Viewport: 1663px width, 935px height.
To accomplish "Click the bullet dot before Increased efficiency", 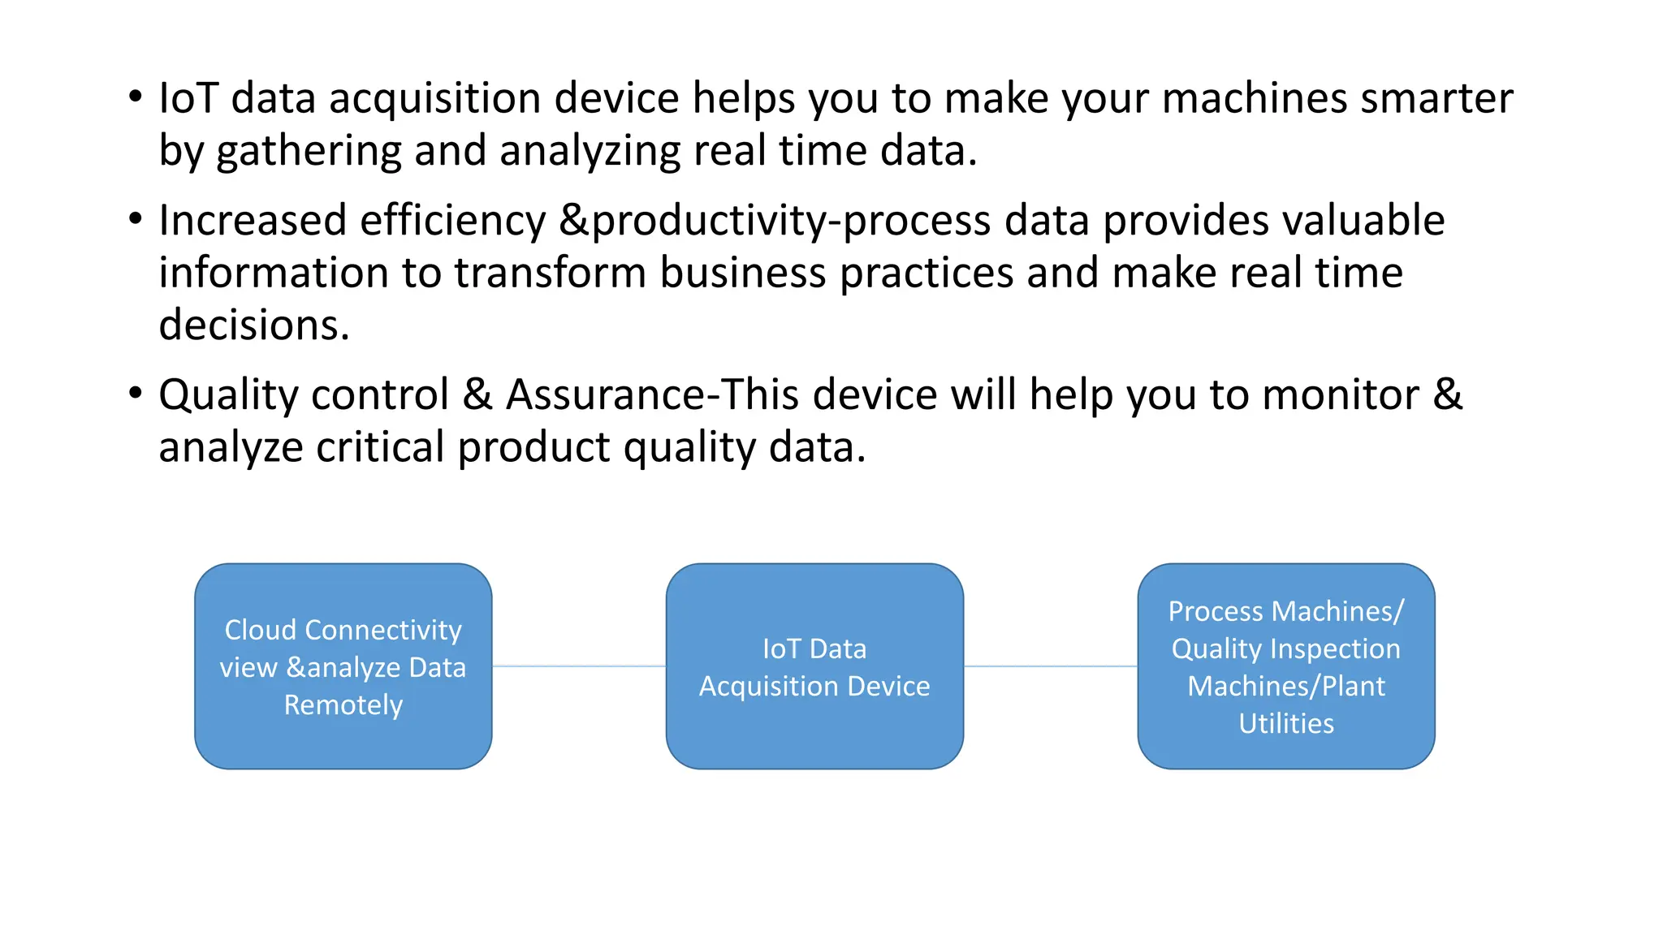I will [136, 218].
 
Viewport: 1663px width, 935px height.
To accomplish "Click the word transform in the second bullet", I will [549, 273].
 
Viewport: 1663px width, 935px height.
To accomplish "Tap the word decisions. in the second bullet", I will [253, 325].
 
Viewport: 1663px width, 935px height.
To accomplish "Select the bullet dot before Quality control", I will [136, 393].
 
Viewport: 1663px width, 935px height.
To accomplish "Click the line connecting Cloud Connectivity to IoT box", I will [578, 666].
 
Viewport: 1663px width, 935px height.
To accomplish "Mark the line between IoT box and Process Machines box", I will [1050, 666].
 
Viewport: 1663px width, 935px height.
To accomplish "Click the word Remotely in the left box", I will [343, 705].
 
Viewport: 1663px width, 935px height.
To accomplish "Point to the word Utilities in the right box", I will [1285, 723].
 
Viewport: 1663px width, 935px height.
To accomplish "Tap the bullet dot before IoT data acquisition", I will [136, 97].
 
